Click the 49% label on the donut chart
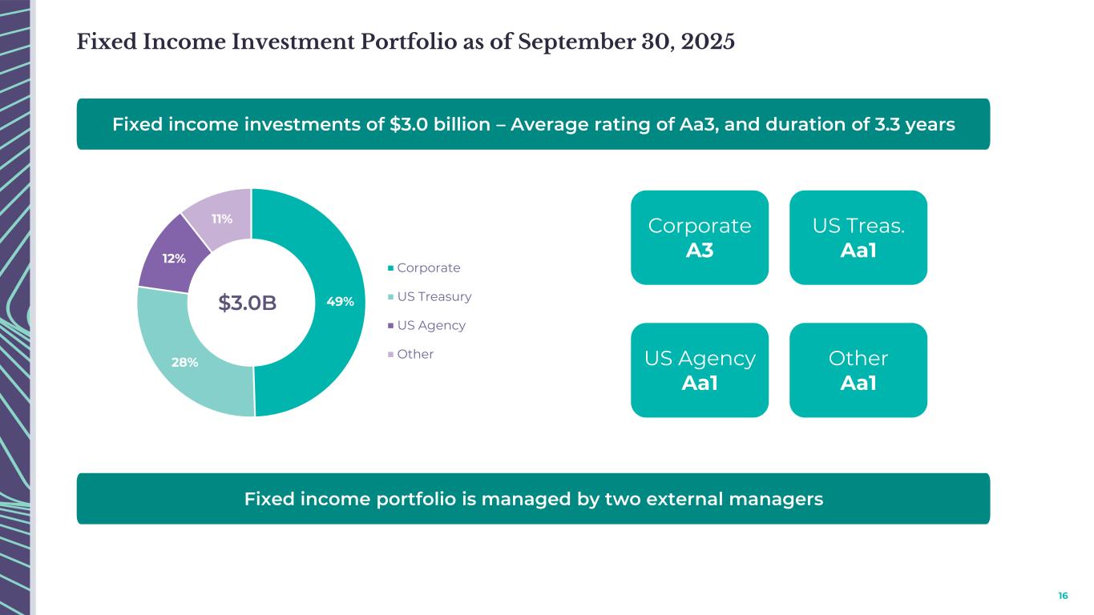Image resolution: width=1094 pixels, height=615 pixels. point(341,302)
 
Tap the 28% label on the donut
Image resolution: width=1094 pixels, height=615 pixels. point(184,362)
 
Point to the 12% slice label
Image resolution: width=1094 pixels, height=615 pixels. point(174,259)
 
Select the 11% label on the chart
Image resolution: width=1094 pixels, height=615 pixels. point(222,219)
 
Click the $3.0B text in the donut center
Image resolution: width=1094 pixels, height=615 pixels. point(248,303)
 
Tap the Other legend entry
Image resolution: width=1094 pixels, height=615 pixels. point(415,354)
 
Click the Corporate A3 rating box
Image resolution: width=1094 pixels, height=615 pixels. point(700,237)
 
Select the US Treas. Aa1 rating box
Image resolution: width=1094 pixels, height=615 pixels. point(858,237)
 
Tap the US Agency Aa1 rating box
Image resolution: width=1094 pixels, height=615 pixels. point(700,370)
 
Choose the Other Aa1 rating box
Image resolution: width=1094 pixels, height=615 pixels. point(858,370)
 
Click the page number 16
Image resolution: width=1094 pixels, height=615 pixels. point(1063,596)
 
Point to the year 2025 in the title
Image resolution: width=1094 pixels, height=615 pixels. point(708,42)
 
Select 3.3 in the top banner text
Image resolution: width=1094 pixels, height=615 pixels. point(896,125)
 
